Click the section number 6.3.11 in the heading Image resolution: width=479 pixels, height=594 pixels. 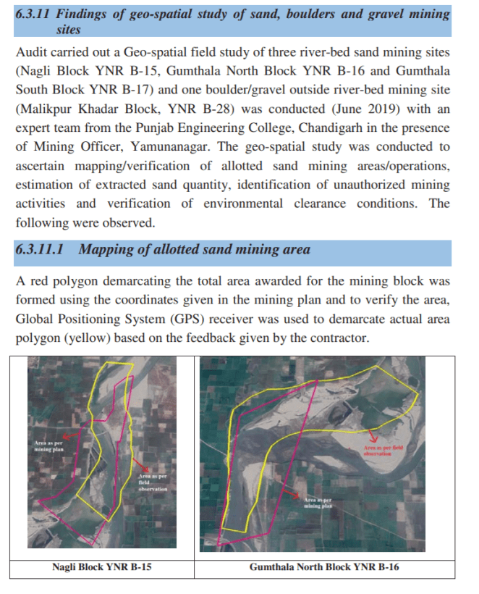click(x=35, y=14)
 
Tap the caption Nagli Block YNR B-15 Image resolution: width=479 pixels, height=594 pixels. click(x=102, y=566)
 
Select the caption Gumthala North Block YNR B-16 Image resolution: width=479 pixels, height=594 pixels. click(x=323, y=566)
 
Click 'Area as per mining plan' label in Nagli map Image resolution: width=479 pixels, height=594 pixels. click(x=49, y=446)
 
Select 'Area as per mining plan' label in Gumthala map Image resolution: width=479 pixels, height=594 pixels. click(x=318, y=503)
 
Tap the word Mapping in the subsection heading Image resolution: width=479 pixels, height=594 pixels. click(x=103, y=250)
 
